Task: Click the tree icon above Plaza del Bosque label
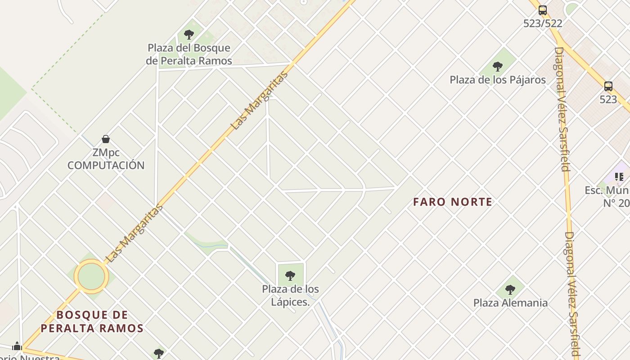[189, 34]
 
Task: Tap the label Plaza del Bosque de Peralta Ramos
[189, 54]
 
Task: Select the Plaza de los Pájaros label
[498, 80]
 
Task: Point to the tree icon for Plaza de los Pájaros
[497, 67]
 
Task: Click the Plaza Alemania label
[510, 303]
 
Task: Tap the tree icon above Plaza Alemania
[510, 289]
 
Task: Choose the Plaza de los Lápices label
[291, 295]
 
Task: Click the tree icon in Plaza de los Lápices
[290, 275]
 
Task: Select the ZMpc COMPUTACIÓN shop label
[106, 159]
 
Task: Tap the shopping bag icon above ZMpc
[106, 139]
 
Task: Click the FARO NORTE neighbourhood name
[453, 202]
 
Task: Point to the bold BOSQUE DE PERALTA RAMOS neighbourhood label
[92, 321]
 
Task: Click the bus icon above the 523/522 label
[543, 10]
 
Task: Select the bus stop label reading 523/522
[543, 23]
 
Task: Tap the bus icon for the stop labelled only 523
[608, 86]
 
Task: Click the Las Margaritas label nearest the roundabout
[134, 234]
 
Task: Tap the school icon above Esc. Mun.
[619, 177]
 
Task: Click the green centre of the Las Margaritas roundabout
[91, 276]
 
